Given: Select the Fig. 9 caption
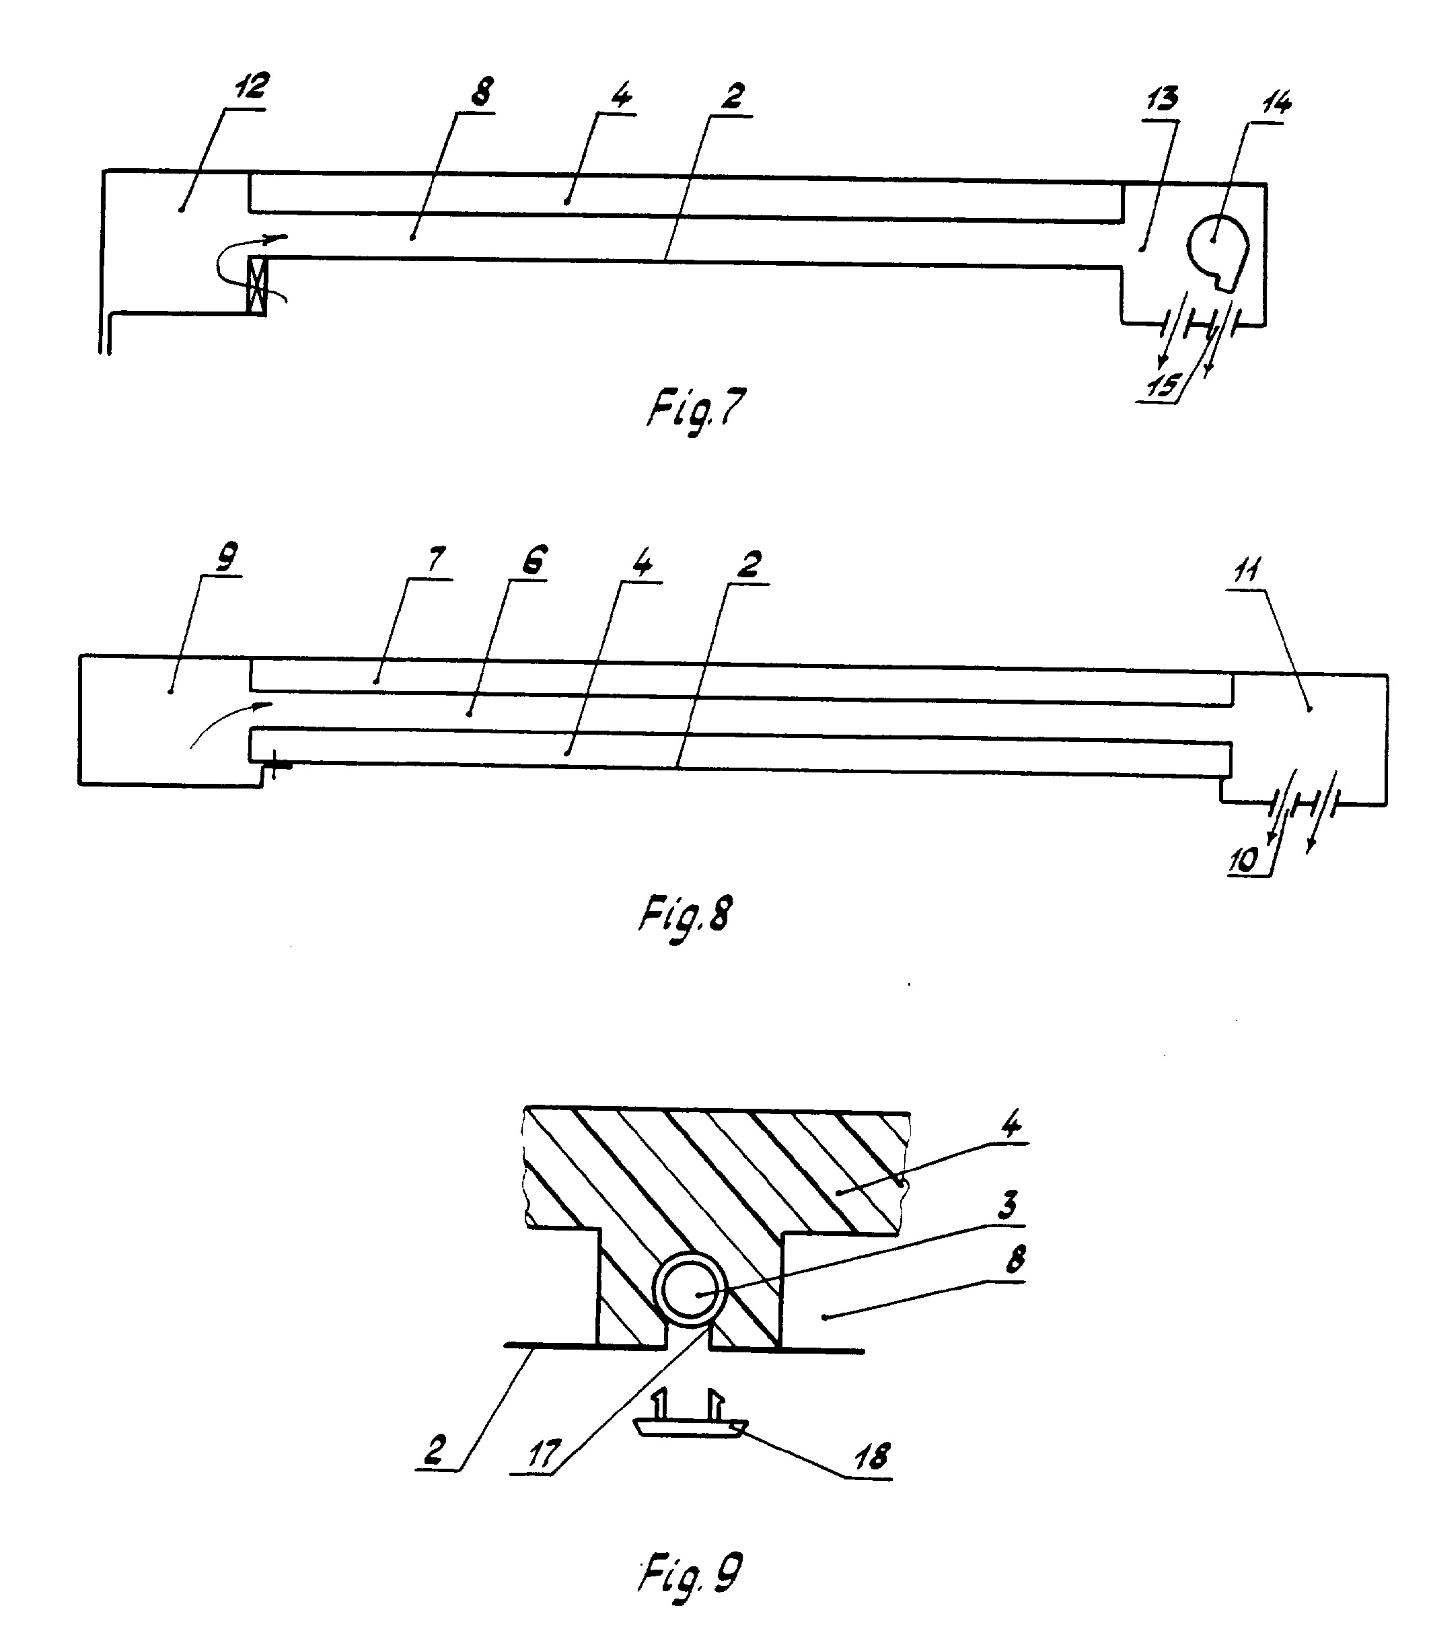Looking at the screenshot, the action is point(690,1573).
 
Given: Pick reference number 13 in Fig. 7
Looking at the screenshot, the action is point(1161,99).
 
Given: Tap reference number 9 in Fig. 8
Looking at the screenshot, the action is point(225,556).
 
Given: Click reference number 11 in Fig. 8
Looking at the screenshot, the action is point(1248,569).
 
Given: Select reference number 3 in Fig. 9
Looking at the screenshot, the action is point(1008,1204).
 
